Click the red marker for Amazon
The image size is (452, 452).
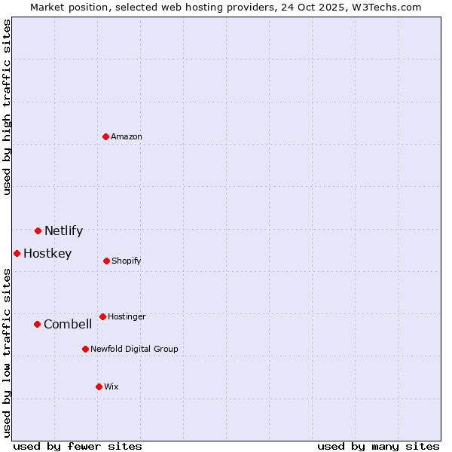click(x=105, y=136)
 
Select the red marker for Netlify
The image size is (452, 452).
click(x=38, y=231)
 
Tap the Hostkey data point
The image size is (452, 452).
click(x=17, y=253)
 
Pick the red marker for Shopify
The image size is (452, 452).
click(x=106, y=261)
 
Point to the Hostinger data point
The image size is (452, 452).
click(x=102, y=316)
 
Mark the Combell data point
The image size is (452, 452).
click(x=37, y=324)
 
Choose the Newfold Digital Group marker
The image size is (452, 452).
click(x=85, y=349)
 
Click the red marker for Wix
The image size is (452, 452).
click(x=99, y=386)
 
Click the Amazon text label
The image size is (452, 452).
click(x=127, y=136)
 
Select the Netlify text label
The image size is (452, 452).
click(x=63, y=231)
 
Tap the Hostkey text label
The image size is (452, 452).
click(x=47, y=253)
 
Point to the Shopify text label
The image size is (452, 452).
click(x=127, y=261)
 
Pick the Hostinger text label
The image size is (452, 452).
click(x=127, y=316)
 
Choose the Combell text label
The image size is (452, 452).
click(x=68, y=324)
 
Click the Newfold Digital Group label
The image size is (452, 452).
click(x=134, y=349)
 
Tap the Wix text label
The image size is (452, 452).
click(x=111, y=386)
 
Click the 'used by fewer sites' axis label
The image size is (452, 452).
click(x=78, y=446)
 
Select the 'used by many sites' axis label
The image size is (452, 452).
click(x=378, y=446)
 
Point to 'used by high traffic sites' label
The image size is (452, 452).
click(x=7, y=107)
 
